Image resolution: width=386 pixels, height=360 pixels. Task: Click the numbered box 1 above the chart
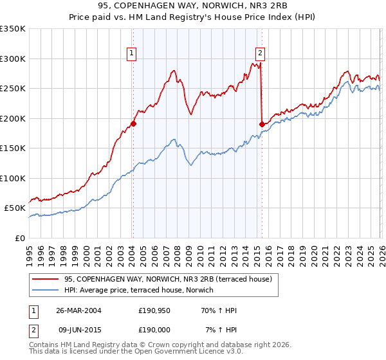coord(131,53)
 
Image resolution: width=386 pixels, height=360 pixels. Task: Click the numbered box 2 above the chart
coord(261,53)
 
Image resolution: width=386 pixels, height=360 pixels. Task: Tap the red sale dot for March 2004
coord(133,123)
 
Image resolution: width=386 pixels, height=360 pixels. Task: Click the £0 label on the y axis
coord(19,238)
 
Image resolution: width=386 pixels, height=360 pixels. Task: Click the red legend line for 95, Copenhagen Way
coord(46,279)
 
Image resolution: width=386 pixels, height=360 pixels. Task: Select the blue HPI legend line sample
coord(46,290)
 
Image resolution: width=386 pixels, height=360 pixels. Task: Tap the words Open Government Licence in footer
coord(174,352)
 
